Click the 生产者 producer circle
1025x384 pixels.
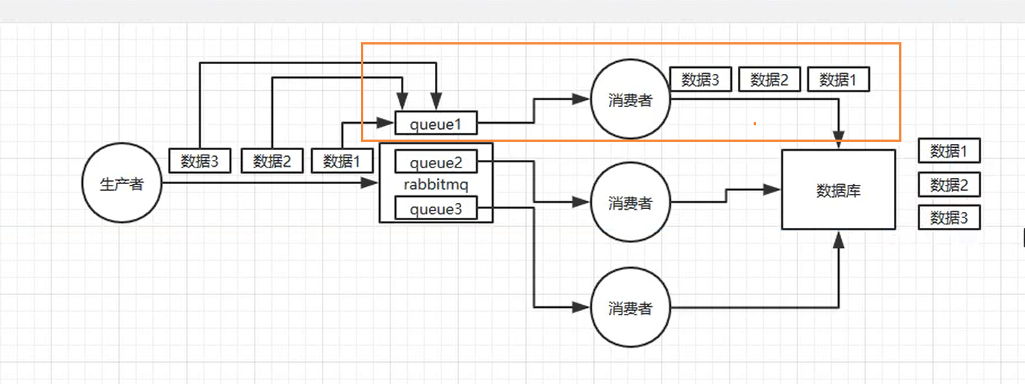pyautogui.click(x=122, y=184)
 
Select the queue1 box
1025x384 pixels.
pyautogui.click(x=436, y=123)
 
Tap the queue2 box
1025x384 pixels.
pyautogui.click(x=436, y=162)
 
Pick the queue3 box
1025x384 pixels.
pyautogui.click(x=436, y=209)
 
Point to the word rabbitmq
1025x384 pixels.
pyautogui.click(x=436, y=185)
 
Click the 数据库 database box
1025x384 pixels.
pyautogui.click(x=838, y=190)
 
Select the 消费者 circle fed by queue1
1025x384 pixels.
pyautogui.click(x=630, y=100)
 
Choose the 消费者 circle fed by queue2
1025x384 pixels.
pyautogui.click(x=630, y=203)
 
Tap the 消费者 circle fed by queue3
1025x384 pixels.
pyautogui.click(x=630, y=308)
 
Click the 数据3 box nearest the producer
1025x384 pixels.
pyautogui.click(x=200, y=161)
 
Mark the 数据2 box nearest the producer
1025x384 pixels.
pyautogui.click(x=271, y=161)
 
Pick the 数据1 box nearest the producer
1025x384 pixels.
pyautogui.click(x=342, y=161)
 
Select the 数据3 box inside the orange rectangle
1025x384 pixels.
pyautogui.click(x=700, y=79)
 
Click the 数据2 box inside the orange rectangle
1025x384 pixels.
pyautogui.click(x=769, y=79)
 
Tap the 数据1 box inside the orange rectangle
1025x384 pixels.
pyautogui.click(x=838, y=79)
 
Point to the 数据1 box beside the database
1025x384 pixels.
pyautogui.click(x=949, y=151)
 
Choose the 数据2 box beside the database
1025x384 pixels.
pyautogui.click(x=949, y=185)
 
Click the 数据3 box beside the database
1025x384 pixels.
pyautogui.click(x=949, y=218)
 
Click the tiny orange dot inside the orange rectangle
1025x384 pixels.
pyautogui.click(x=754, y=123)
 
